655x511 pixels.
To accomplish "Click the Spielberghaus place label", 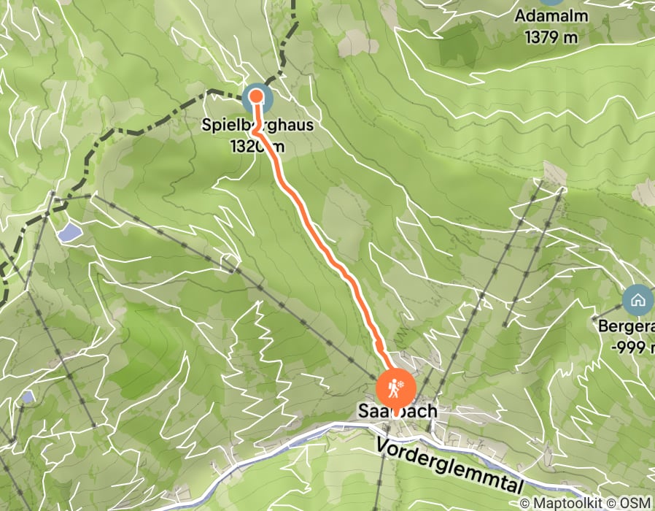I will pyautogui.click(x=258, y=126).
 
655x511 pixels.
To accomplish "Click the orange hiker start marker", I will pyautogui.click(x=395, y=389).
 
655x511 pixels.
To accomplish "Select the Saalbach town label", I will pyautogui.click(x=398, y=411).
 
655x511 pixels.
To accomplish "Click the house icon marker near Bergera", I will pyautogui.click(x=637, y=299).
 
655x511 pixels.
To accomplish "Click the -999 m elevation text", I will pyautogui.click(x=626, y=347).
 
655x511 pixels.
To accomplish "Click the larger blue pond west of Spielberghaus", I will pyautogui.click(x=70, y=233).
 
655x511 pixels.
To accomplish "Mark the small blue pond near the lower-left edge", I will pyautogui.click(x=28, y=397).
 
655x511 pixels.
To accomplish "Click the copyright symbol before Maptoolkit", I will pyautogui.click(x=525, y=503).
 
